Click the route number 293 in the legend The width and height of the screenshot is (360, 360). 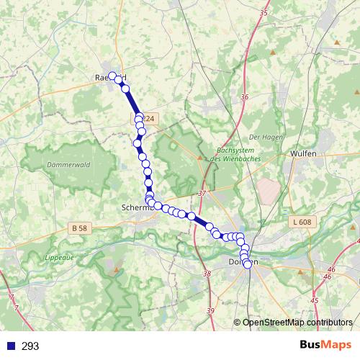[30, 346]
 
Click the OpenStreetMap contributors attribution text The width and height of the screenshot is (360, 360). [297, 323]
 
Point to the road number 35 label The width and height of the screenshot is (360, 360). [263, 13]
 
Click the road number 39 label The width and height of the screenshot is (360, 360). [210, 310]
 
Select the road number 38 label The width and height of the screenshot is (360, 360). [207, 274]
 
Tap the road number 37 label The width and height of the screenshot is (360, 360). [202, 194]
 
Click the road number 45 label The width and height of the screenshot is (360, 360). [314, 300]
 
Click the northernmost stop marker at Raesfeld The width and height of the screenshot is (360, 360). [113, 75]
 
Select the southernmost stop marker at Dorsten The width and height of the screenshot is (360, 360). [248, 264]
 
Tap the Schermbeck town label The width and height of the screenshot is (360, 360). [137, 207]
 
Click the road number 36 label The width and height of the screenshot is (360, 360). [245, 97]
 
